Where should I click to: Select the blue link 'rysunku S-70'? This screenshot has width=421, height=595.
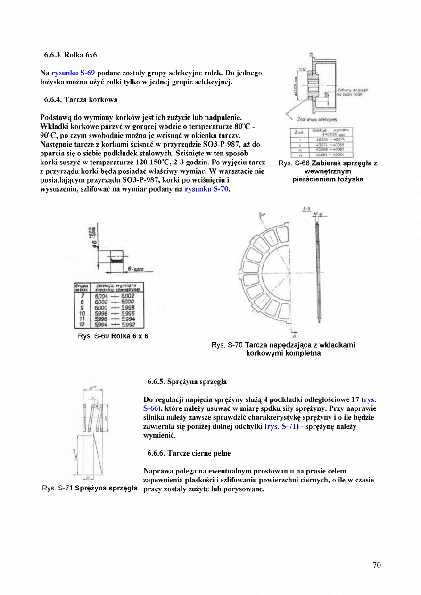tap(206, 189)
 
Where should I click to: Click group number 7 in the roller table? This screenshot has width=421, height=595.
tap(83, 296)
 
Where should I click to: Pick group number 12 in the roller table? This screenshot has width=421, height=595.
tap(83, 324)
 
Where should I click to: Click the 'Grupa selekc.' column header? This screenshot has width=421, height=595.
tap(82, 287)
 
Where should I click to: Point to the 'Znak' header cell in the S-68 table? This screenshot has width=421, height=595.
tap(298, 132)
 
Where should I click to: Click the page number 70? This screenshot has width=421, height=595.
tap(376, 565)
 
